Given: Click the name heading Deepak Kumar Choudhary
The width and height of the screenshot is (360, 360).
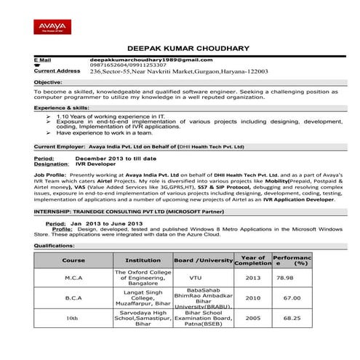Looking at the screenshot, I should (188, 49).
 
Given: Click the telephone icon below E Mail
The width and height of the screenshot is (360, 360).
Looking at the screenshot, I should (37, 65).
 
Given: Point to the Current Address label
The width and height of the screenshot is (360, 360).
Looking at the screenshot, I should (57, 71).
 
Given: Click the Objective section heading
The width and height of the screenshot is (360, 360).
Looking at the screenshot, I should (48, 83).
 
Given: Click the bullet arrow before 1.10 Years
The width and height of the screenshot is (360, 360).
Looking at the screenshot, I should (48, 116).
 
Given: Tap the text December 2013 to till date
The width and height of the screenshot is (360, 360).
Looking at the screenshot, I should (116, 158).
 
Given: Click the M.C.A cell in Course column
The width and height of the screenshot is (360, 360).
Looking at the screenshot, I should (73, 278).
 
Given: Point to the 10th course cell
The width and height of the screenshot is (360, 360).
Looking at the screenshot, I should (73, 318).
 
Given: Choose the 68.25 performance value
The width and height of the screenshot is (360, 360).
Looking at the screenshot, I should (292, 318).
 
